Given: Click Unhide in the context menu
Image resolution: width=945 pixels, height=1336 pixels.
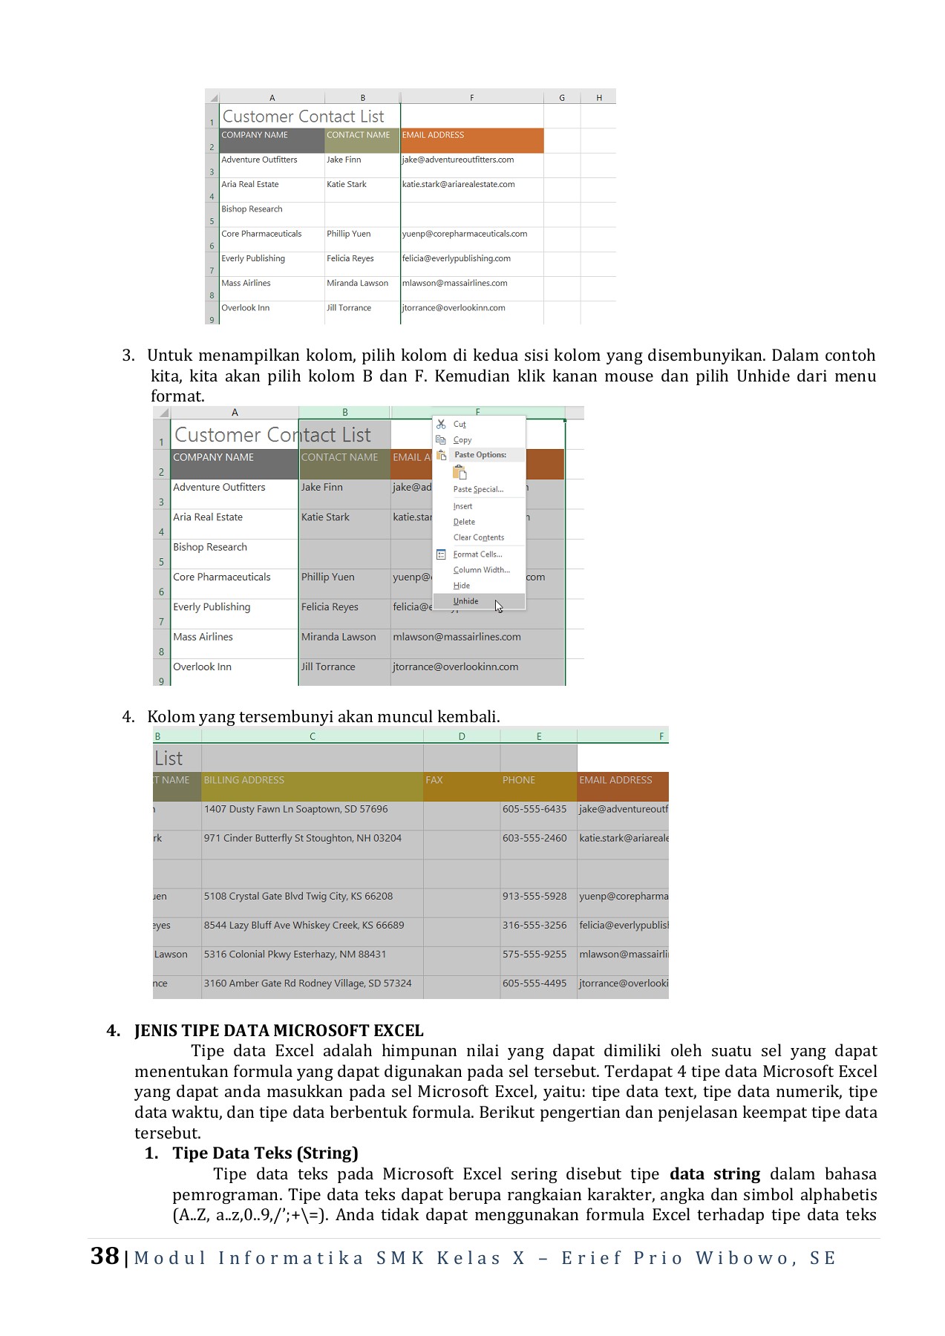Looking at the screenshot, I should [x=466, y=601].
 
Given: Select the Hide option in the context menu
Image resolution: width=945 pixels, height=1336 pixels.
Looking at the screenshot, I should [x=462, y=586].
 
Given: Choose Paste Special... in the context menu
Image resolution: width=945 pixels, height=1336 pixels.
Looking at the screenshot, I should [x=478, y=489].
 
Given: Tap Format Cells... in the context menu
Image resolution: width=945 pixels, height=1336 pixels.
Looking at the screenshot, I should [x=477, y=554].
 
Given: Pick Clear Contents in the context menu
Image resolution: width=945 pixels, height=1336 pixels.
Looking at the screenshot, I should [x=478, y=537].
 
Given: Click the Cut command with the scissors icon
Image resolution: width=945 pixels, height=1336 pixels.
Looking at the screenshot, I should [x=460, y=425].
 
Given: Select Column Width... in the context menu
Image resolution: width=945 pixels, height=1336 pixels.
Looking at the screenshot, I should [x=481, y=570].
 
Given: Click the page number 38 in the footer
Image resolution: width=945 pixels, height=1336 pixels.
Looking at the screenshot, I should [x=105, y=1256].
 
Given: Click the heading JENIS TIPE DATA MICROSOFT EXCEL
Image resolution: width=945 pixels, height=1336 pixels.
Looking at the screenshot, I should [x=278, y=1030].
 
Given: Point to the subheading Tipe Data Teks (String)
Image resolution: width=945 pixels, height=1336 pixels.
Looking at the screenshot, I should [x=265, y=1153].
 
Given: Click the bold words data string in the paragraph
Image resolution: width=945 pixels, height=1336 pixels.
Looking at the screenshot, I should [x=714, y=1173].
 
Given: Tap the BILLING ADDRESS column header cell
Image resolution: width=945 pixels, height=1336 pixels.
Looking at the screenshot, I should [x=244, y=780].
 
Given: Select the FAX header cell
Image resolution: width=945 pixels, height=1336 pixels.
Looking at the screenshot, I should [x=434, y=780].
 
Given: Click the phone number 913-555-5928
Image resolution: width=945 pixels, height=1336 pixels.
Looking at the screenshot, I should [x=534, y=896].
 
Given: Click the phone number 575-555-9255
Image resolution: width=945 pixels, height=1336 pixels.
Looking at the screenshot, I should [x=534, y=954].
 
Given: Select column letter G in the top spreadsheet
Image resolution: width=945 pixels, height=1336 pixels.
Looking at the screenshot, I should [x=562, y=97].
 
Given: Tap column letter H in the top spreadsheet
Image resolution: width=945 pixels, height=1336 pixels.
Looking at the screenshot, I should [x=599, y=97].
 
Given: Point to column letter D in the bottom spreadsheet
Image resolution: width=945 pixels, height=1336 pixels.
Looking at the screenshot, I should [x=462, y=736].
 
